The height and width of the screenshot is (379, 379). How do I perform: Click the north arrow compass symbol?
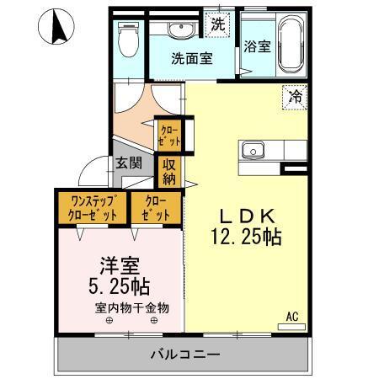point(56,26)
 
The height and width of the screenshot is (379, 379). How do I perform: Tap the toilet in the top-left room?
point(129,39)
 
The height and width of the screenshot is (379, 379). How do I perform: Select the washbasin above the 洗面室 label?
point(181,30)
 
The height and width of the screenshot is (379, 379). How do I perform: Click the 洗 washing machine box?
point(218,24)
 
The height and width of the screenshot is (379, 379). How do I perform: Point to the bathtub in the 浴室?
point(291,44)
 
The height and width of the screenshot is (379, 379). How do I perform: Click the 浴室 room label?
point(257,46)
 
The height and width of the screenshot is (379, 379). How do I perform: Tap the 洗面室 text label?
point(192,58)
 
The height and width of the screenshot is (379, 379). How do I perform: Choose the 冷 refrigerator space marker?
point(295,97)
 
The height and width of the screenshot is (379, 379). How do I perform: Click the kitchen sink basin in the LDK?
point(254,150)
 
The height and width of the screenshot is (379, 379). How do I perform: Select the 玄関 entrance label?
point(129,163)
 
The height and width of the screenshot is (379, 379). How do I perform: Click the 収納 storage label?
point(169,172)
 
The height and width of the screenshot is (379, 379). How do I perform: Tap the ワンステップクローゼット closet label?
point(93,208)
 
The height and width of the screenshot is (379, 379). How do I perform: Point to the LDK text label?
point(247,216)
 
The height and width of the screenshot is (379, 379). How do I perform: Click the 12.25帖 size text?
point(246,237)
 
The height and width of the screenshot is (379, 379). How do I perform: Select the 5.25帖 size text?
point(119,286)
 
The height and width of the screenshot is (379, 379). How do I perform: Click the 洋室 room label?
point(120,266)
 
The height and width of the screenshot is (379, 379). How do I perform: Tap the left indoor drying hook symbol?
point(109,320)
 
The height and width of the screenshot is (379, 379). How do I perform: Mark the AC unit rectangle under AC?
point(291,327)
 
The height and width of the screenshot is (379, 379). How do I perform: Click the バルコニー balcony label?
point(185,355)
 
